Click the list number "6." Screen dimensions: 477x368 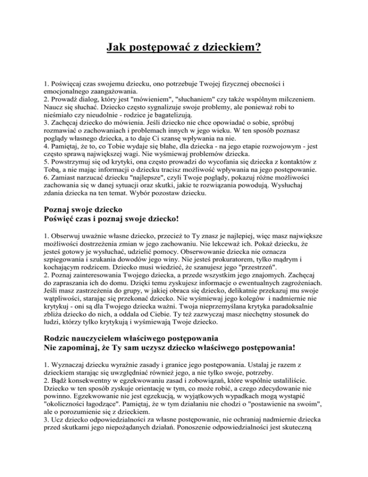pyautogui.click(x=46, y=194)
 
